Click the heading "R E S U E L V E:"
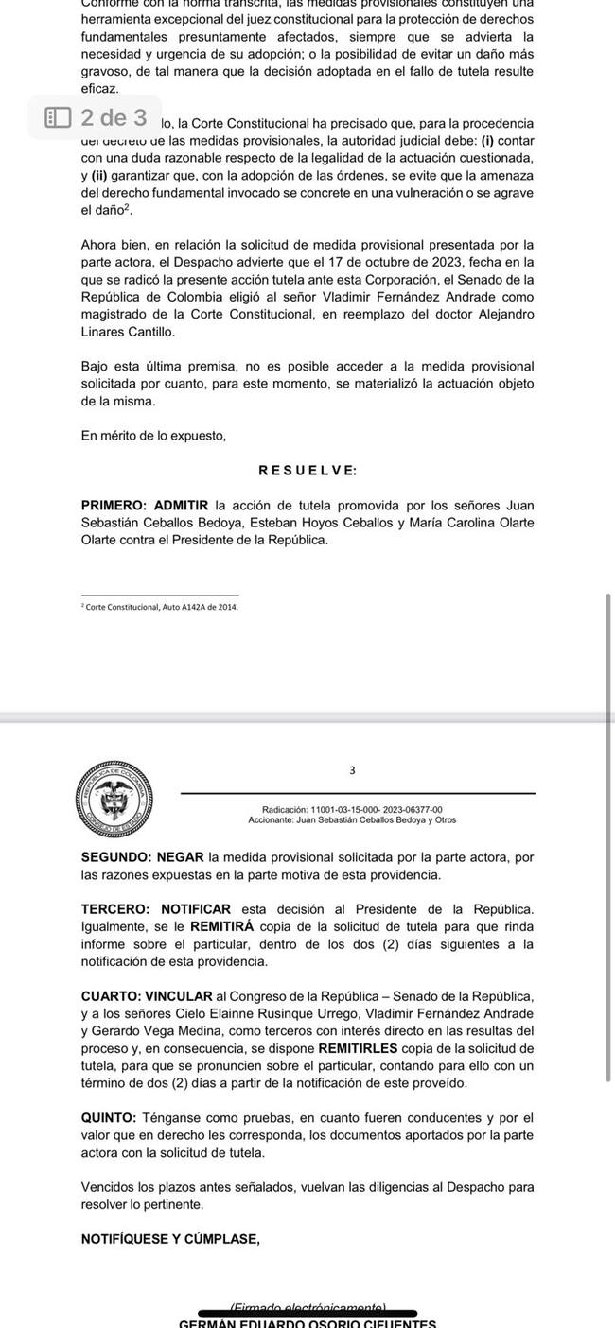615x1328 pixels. point(307,471)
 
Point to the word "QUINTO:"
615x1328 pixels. point(110,1117)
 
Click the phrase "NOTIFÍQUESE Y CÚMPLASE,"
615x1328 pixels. point(170,1239)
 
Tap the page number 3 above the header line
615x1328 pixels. point(352,770)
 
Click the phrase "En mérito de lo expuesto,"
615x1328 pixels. point(154,436)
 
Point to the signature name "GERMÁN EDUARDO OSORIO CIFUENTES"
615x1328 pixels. point(307,1322)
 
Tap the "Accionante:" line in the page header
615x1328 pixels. point(359,820)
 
